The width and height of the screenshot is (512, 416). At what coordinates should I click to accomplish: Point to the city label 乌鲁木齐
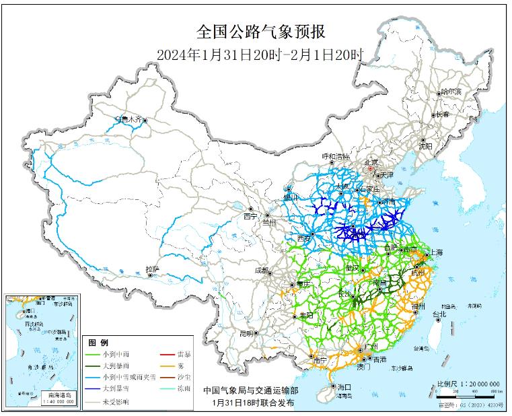(x=129, y=119)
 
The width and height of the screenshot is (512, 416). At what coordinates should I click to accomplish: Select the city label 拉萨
(x=153, y=269)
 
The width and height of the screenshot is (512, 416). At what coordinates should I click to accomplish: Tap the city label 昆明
(x=246, y=333)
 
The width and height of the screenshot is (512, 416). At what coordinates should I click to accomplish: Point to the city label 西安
(x=303, y=238)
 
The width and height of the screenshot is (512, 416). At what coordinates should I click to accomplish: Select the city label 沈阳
(x=425, y=145)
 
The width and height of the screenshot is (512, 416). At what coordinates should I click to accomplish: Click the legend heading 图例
(x=99, y=343)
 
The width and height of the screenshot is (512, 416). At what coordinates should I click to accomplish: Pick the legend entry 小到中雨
(x=116, y=354)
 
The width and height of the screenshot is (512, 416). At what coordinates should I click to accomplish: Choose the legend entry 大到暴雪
(x=116, y=389)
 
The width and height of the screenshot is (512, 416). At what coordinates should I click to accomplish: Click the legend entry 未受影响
(x=116, y=401)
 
